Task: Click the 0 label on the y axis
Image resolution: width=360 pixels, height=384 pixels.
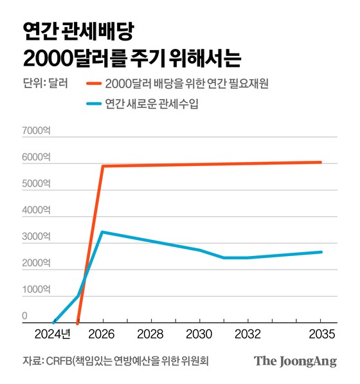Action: (25, 316)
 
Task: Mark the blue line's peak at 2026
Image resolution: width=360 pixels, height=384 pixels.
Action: (102, 232)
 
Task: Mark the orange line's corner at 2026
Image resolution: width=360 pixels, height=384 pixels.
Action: (102, 166)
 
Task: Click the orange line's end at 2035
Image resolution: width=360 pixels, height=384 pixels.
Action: (321, 162)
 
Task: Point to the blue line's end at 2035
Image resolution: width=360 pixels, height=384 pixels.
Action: (321, 251)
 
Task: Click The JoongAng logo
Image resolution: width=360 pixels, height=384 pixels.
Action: (295, 361)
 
